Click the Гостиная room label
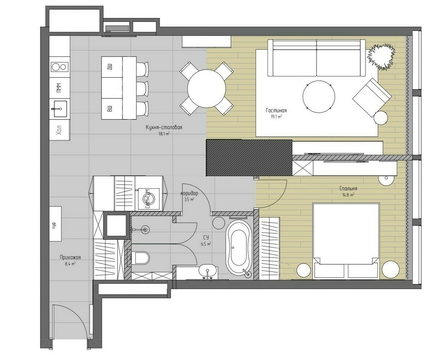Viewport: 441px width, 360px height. point(276,110)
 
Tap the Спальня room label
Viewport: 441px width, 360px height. point(348,188)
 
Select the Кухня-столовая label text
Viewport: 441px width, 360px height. point(164,127)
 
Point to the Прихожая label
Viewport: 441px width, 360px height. point(70,257)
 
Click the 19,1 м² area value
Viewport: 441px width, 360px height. point(276,117)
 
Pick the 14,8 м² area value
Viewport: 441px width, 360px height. point(348,195)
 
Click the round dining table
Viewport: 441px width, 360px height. point(206,89)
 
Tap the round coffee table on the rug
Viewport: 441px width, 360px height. point(319,96)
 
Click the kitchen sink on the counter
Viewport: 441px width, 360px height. point(60,109)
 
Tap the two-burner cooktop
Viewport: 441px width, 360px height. point(60,67)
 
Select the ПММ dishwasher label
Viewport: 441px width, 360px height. point(59,88)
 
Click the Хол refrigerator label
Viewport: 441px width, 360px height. point(59,130)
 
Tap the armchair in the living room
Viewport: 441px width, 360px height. point(372,98)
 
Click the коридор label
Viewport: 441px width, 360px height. point(189,193)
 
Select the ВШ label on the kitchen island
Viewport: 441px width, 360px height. point(109,108)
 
